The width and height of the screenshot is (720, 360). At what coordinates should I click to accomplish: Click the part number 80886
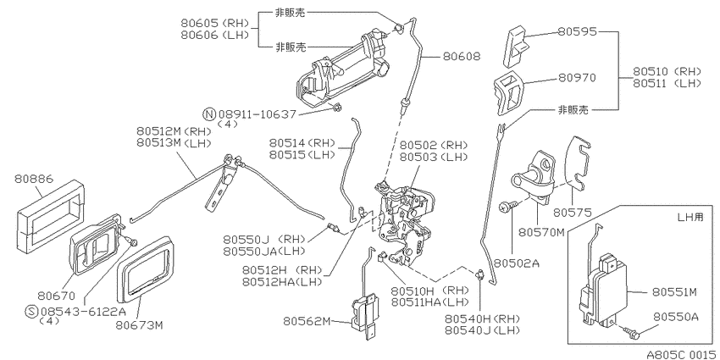[x=34, y=178]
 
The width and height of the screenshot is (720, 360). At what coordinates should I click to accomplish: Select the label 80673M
[x=140, y=325]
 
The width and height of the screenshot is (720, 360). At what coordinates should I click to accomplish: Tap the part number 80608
[x=462, y=57]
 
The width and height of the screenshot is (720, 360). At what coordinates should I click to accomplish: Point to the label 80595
[x=577, y=31]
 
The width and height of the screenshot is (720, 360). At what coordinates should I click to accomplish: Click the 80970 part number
[x=577, y=78]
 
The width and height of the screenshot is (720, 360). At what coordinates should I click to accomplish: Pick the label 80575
[x=572, y=212]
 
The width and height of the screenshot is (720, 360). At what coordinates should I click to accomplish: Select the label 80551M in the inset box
[x=674, y=292]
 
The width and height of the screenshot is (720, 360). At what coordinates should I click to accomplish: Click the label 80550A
[x=676, y=318]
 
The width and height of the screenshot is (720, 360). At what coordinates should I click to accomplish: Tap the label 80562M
[x=307, y=321]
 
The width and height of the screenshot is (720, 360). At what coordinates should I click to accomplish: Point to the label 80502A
[x=516, y=263]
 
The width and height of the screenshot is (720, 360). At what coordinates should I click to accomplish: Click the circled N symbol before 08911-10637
[x=209, y=114]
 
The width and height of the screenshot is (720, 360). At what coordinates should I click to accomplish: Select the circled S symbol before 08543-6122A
[x=31, y=312]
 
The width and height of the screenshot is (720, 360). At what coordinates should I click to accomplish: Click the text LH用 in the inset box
[x=690, y=217]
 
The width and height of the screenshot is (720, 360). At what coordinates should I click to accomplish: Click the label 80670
[x=57, y=296]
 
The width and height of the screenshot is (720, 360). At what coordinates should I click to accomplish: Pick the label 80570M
[x=542, y=233]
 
